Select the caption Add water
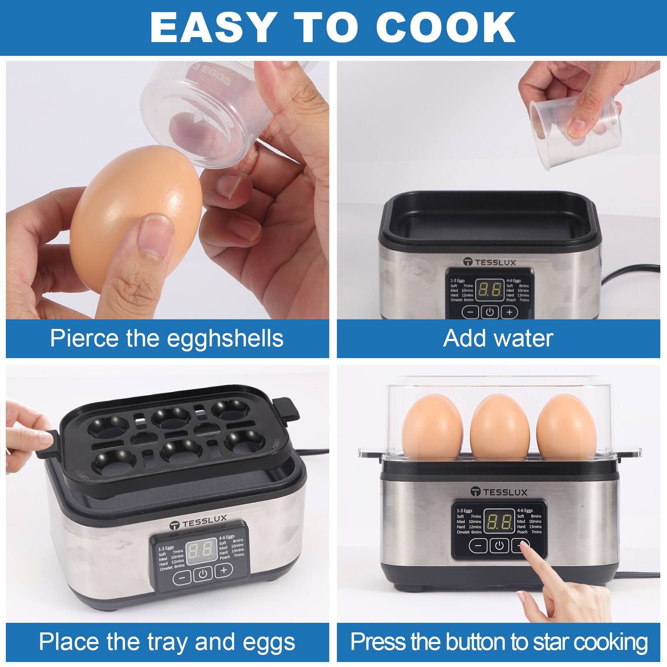498,338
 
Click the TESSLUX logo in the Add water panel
490,262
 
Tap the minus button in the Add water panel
470,312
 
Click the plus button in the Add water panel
509,312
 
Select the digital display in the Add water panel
490,289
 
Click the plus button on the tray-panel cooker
224,570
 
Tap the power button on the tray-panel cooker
203,574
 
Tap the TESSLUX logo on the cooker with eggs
499,492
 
